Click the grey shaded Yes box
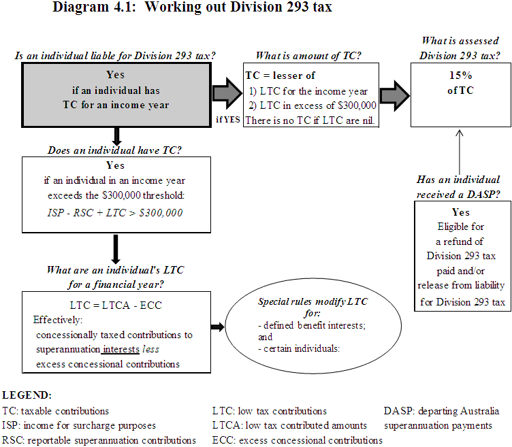(116, 90)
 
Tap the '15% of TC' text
(460, 83)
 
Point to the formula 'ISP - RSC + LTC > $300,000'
(115, 213)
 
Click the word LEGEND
(27, 395)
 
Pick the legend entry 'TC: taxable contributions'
(55, 411)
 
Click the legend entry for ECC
(298, 440)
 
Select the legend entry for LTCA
(290, 425)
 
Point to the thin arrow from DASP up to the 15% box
(460, 151)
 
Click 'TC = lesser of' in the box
(281, 76)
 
